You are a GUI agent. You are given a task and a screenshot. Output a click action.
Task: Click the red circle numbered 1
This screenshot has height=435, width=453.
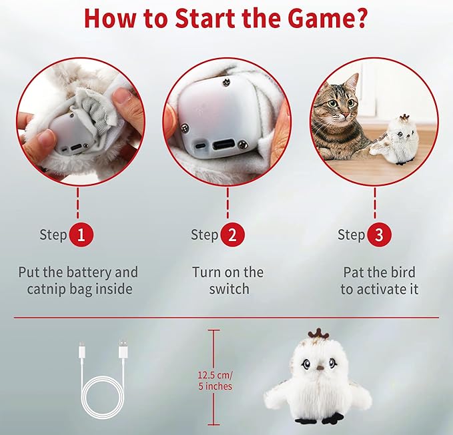coord(81,234)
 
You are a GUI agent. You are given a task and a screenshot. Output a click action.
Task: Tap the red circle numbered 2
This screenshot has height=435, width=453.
coord(233,234)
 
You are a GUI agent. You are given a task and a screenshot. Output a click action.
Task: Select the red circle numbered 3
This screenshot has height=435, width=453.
coord(378,234)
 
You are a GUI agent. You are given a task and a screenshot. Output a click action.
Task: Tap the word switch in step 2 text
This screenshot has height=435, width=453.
coord(229,289)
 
